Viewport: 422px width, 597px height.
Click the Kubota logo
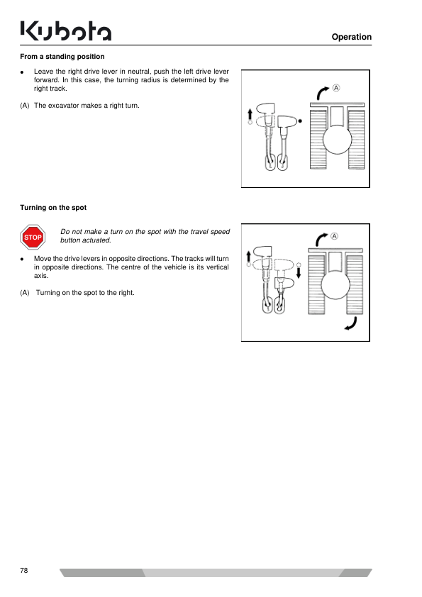click(x=66, y=30)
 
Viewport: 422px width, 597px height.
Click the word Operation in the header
click(x=352, y=37)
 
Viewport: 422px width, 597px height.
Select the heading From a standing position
click(x=62, y=57)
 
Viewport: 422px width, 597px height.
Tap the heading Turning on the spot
click(x=53, y=208)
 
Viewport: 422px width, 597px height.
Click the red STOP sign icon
click(x=33, y=238)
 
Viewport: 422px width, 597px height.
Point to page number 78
click(x=24, y=570)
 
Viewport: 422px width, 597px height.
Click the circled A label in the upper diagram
click(x=336, y=88)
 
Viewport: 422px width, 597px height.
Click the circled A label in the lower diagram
click(x=334, y=236)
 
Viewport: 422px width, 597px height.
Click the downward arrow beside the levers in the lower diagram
click(x=299, y=272)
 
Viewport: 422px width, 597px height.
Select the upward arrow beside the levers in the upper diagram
click(x=250, y=114)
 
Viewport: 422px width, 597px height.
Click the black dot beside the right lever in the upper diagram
click(x=300, y=121)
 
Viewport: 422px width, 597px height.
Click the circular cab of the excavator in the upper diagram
click(x=337, y=140)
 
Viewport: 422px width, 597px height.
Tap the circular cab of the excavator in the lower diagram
click(x=335, y=286)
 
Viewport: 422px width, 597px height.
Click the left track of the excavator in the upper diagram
click(x=318, y=140)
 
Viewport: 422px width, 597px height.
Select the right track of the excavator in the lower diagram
click(x=355, y=284)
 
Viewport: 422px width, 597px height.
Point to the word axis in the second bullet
click(x=41, y=276)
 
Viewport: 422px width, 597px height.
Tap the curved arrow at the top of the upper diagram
click(x=322, y=92)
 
